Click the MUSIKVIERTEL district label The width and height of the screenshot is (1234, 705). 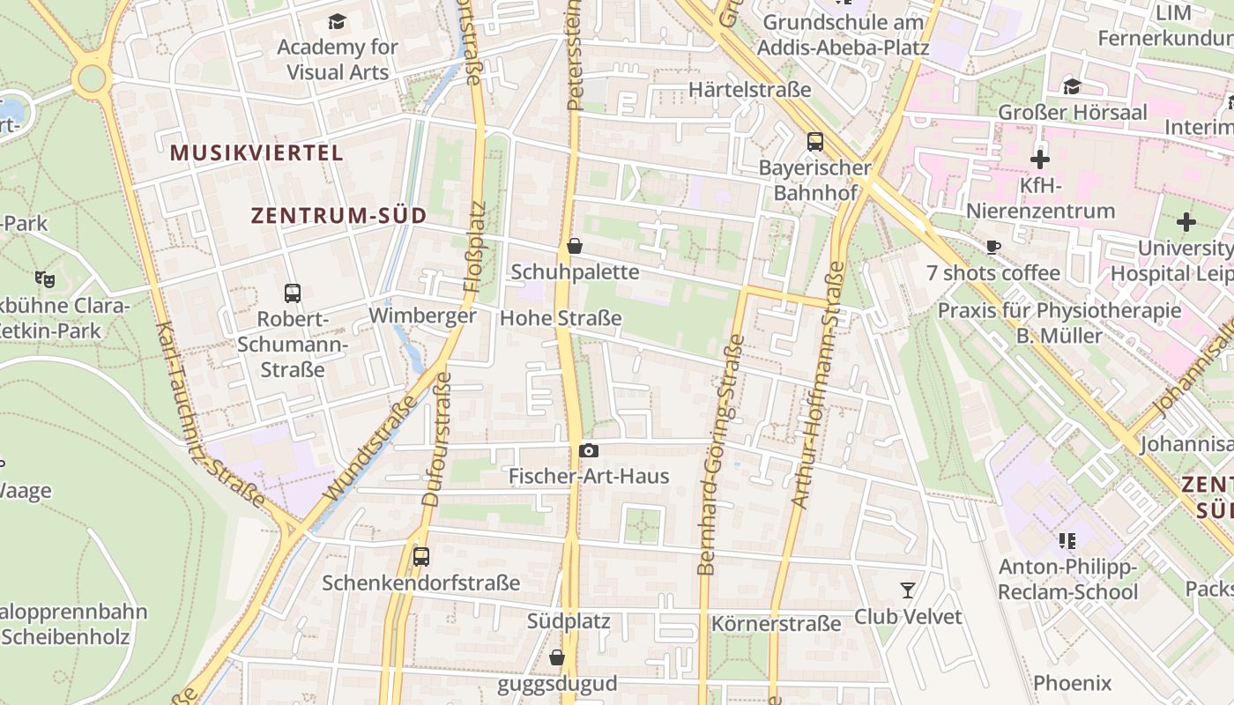(x=256, y=152)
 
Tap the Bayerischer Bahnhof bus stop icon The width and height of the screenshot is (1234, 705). (x=815, y=141)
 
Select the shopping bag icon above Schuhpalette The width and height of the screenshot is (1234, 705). (x=575, y=246)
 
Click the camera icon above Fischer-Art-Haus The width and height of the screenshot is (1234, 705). (x=589, y=451)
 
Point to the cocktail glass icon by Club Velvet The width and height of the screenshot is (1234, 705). (x=908, y=590)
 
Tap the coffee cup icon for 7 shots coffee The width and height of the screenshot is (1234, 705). (x=993, y=248)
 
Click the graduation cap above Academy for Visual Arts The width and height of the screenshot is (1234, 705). (x=338, y=21)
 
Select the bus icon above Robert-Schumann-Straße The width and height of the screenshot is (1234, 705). (x=293, y=293)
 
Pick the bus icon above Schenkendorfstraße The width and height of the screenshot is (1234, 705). (x=421, y=557)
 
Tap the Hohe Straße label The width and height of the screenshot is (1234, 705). (x=561, y=318)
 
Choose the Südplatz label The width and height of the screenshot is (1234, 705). (x=569, y=621)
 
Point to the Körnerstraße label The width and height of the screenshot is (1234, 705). (x=776, y=625)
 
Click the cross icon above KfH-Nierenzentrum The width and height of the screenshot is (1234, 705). (x=1040, y=160)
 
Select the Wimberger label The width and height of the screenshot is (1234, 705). (x=422, y=315)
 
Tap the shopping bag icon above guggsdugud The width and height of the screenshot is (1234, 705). (x=557, y=657)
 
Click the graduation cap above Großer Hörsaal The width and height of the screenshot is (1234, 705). (x=1072, y=86)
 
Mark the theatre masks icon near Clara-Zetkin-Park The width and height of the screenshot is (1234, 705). (x=45, y=279)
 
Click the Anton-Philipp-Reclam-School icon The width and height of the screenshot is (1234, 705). (x=1067, y=540)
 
